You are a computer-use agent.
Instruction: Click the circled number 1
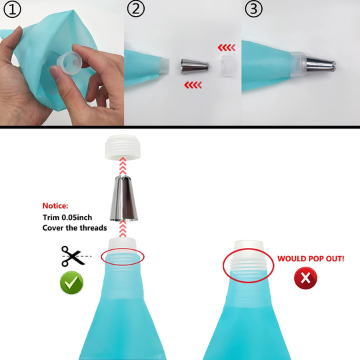click(x=13, y=10)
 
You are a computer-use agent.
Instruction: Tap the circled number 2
click(x=135, y=10)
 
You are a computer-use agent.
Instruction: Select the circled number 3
click(x=253, y=10)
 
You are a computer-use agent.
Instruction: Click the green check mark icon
click(x=71, y=283)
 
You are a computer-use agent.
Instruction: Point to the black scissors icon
click(x=73, y=255)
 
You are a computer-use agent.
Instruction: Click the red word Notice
click(x=55, y=205)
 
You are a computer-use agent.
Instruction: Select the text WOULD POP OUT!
click(x=310, y=257)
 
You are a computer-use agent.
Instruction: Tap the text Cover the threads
click(x=75, y=228)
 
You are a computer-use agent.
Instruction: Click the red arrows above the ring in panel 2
click(x=227, y=47)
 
